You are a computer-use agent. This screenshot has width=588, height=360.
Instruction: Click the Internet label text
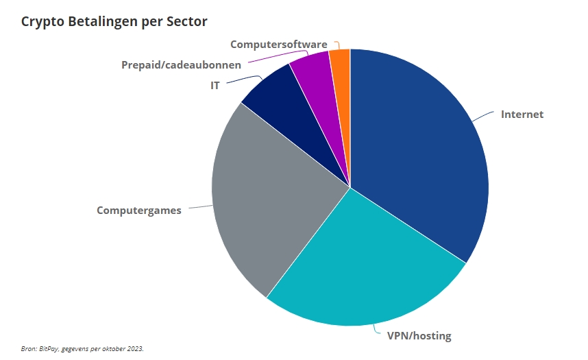pyautogui.click(x=522, y=115)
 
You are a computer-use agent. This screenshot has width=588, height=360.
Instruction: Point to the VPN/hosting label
pyautogui.click(x=419, y=336)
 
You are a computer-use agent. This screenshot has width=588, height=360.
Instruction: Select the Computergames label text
pyautogui.click(x=139, y=211)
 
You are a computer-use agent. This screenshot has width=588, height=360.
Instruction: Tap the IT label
pyautogui.click(x=215, y=86)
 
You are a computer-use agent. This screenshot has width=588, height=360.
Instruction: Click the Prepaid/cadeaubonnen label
pyautogui.click(x=181, y=65)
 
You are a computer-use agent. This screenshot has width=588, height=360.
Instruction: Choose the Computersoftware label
pyautogui.click(x=278, y=45)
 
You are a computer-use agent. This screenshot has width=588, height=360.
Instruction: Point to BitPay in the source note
pyautogui.click(x=47, y=349)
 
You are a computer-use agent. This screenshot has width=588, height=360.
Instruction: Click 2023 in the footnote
pyautogui.click(x=134, y=349)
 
